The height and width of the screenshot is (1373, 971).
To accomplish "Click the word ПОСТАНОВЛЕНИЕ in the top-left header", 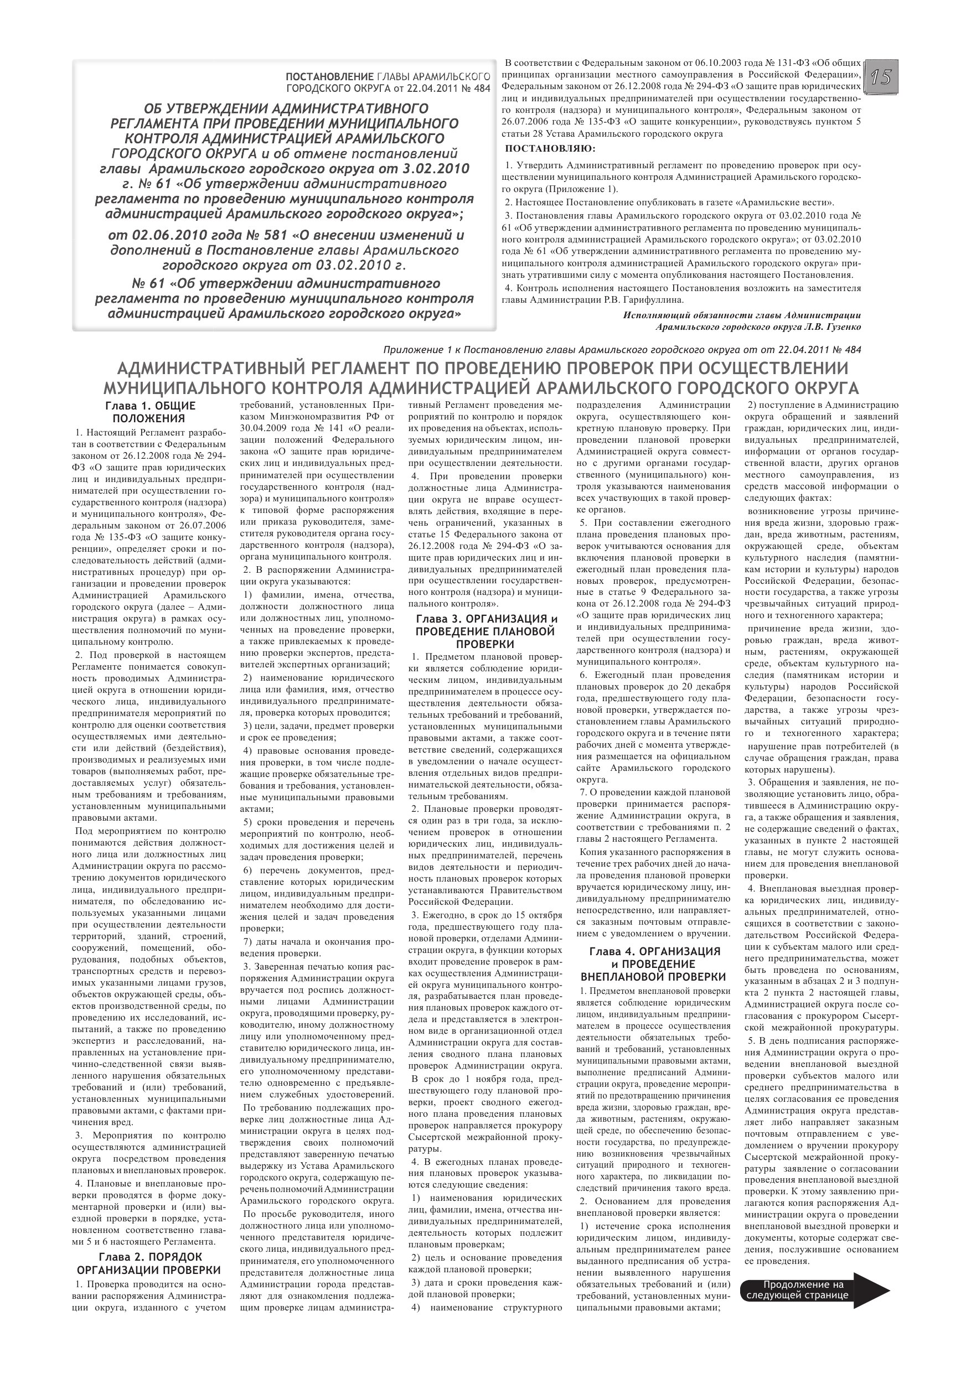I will tap(329, 77).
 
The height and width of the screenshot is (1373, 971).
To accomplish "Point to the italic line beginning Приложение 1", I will tap(622, 349).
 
